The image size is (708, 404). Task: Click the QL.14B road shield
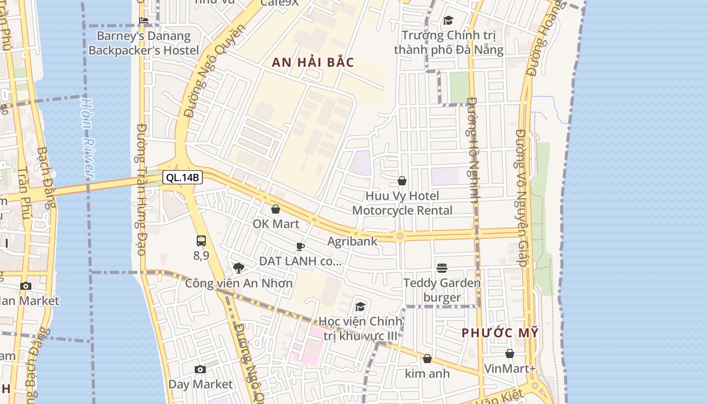tap(183, 177)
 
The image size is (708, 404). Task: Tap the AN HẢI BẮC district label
tap(313, 63)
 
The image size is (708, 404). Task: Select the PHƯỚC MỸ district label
tap(500, 333)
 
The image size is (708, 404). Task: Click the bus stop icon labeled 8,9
tap(201, 241)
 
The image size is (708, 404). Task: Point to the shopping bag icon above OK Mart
tap(276, 209)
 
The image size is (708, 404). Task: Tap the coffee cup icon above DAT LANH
tap(300, 246)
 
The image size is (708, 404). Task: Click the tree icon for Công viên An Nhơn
tap(239, 268)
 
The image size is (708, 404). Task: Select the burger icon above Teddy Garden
tap(442, 268)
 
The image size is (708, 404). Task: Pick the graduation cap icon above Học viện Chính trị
tap(360, 307)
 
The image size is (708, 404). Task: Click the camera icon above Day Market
tap(200, 370)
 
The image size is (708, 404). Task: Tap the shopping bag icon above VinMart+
tap(510, 353)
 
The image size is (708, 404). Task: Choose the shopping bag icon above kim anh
tap(427, 359)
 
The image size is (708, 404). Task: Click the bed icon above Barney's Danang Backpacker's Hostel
tap(144, 21)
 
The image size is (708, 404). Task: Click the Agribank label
tap(352, 241)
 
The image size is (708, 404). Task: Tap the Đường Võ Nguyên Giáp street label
tap(521, 197)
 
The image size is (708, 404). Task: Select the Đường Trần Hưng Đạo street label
tap(141, 189)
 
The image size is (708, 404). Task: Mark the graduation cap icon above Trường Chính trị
tap(448, 21)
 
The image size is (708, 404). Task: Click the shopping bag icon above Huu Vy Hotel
tap(402, 181)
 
